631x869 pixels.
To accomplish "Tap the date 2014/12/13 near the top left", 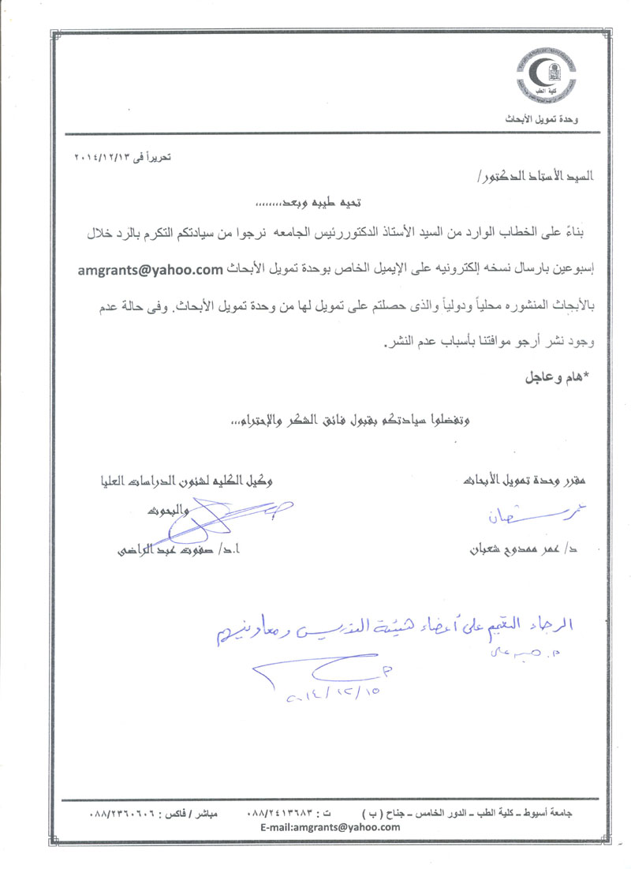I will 121,158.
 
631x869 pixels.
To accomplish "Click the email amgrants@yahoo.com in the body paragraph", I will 149,271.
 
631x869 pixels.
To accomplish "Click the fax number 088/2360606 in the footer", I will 127,813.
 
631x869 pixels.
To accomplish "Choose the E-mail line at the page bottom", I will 330,827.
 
